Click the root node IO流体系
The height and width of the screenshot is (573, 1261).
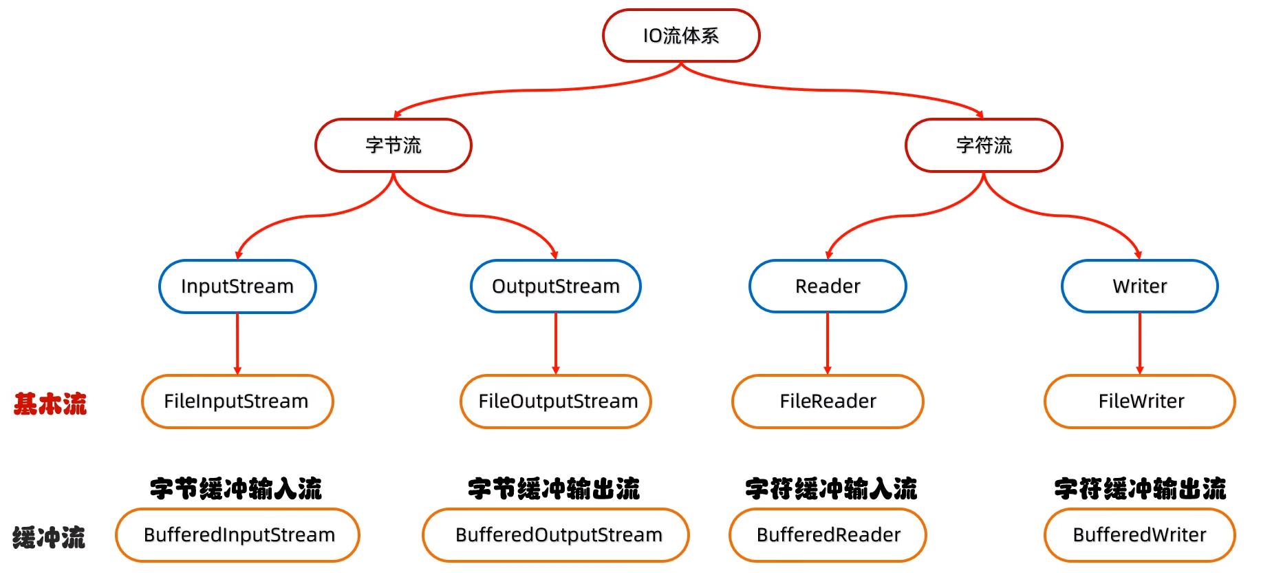click(681, 36)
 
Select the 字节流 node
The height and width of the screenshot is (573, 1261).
click(394, 145)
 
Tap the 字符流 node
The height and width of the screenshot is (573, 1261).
click(984, 145)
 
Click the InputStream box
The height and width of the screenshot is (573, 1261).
click(237, 286)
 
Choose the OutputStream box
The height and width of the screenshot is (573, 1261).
click(556, 286)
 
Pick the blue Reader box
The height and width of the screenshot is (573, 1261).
click(828, 286)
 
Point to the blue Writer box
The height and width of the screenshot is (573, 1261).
click(1140, 286)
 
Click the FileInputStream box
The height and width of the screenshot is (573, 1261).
click(237, 402)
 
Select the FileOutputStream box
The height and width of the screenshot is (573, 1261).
click(556, 402)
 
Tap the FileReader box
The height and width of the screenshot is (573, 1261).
click(828, 402)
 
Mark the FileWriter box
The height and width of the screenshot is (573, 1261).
click(1140, 402)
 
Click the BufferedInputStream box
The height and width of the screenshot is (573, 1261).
click(237, 535)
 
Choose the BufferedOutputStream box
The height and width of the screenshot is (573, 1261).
click(556, 535)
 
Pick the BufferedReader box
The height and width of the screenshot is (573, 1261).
click(828, 535)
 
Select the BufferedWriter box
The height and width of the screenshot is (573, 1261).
click(1140, 535)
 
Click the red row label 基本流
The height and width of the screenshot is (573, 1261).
click(50, 404)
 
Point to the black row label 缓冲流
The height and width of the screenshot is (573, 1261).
click(49, 537)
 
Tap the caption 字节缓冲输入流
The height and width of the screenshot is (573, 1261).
click(236, 489)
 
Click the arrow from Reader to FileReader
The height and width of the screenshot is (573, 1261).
click(828, 343)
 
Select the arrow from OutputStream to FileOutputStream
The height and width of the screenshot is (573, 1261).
click(556, 343)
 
